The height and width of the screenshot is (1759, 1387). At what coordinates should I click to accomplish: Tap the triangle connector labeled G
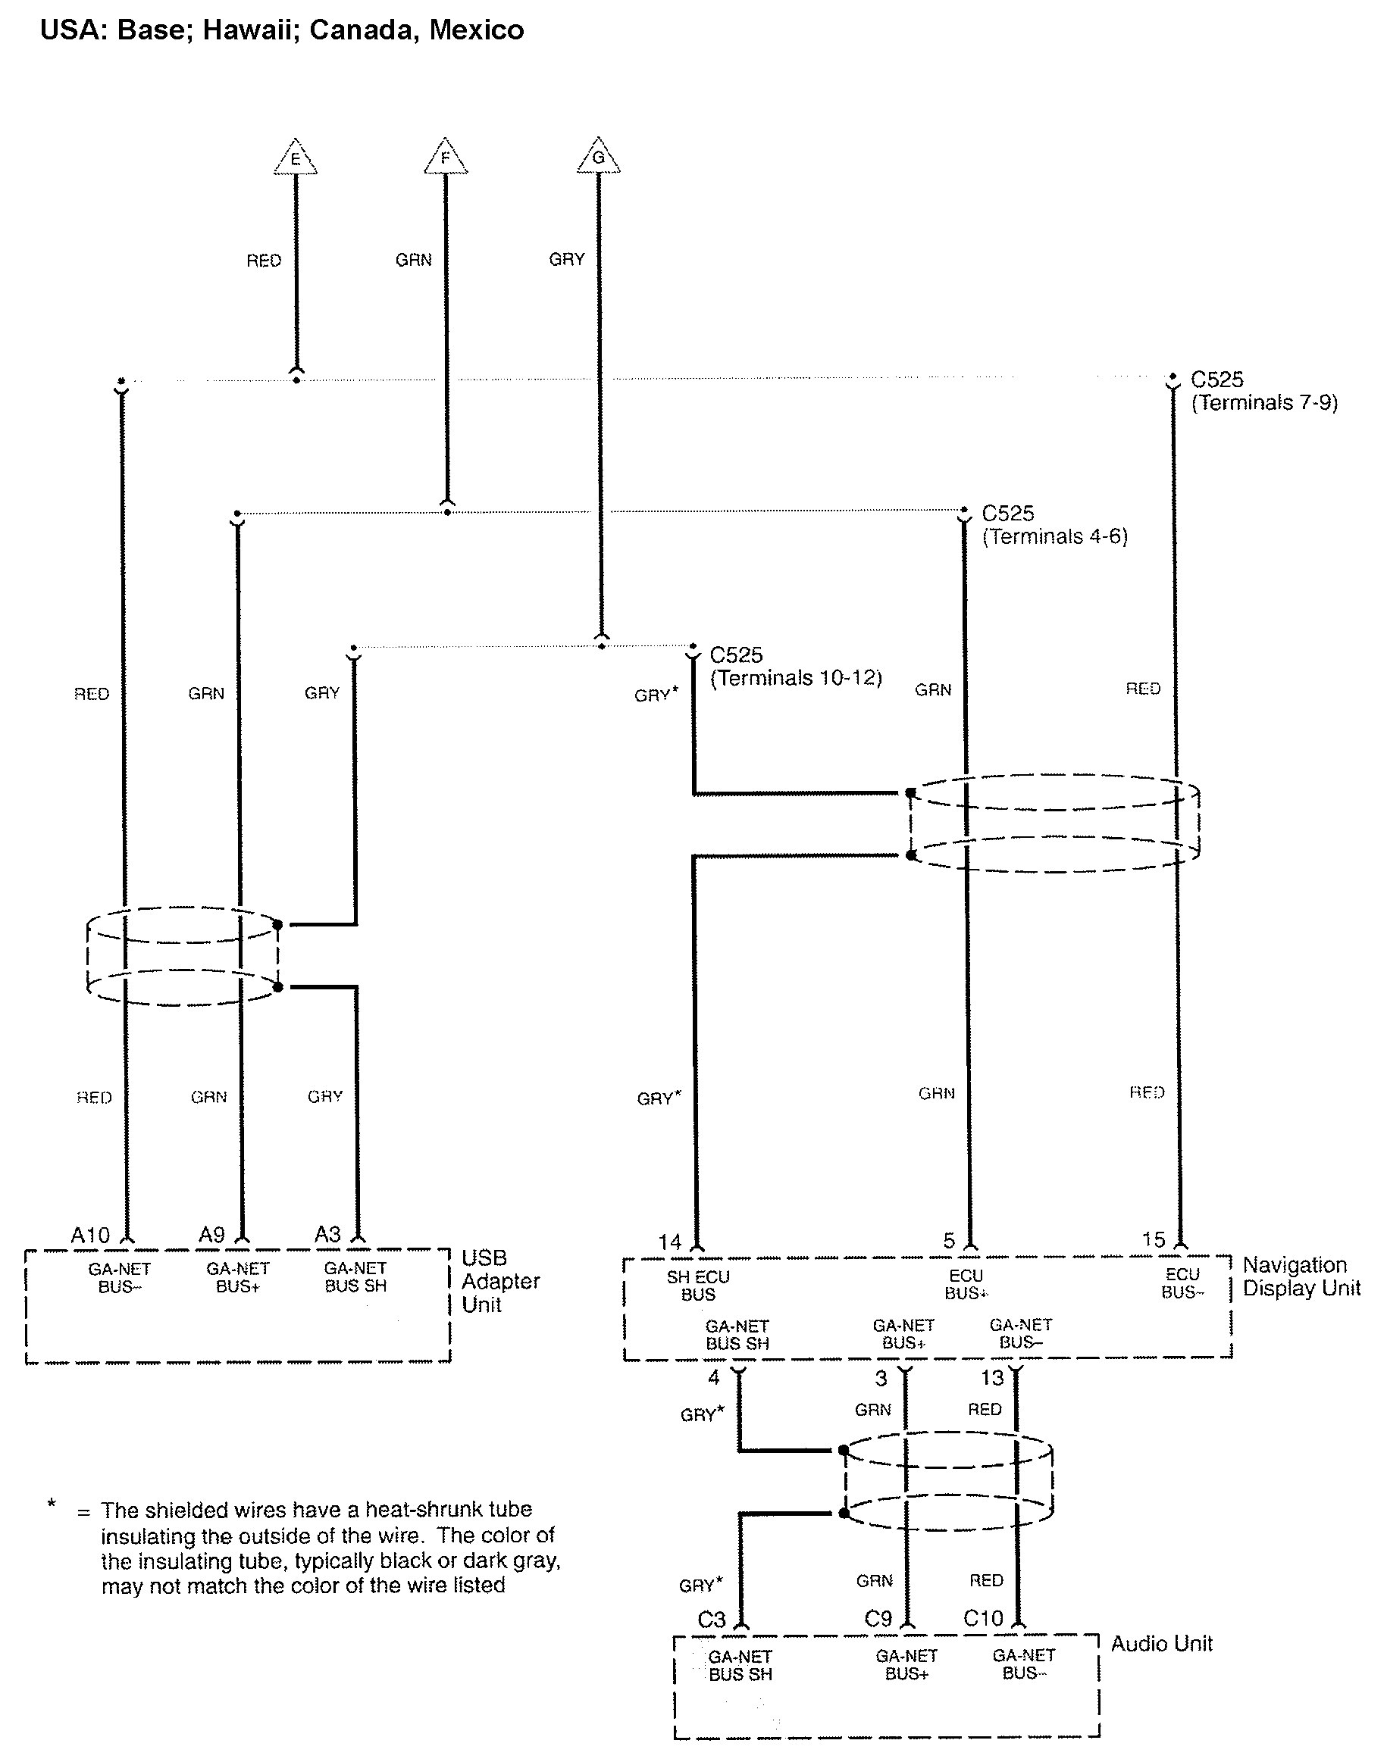[599, 158]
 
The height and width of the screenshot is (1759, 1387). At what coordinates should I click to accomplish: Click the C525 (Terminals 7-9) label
[1263, 391]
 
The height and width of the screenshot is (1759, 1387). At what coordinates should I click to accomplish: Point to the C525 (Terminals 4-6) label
[1054, 525]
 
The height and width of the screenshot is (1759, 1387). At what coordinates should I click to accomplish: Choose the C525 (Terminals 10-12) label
[795, 667]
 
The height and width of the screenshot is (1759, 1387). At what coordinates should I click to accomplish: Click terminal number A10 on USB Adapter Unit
[89, 1236]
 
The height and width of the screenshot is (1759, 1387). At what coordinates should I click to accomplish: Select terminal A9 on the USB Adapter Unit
[211, 1236]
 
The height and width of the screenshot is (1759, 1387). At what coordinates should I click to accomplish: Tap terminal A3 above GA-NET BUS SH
[327, 1235]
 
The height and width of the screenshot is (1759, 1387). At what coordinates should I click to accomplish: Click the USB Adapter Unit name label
[499, 1281]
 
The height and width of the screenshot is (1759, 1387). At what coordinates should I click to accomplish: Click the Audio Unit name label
[1161, 1644]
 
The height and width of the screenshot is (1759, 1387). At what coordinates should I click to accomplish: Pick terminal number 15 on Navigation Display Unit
[1153, 1239]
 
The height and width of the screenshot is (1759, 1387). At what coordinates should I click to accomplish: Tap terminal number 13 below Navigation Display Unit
[991, 1377]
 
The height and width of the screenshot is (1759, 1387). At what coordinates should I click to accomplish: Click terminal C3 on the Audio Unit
[711, 1620]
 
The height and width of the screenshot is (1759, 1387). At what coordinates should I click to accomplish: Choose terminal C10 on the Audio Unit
[982, 1619]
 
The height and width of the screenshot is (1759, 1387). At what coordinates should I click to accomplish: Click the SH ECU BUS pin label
[697, 1286]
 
